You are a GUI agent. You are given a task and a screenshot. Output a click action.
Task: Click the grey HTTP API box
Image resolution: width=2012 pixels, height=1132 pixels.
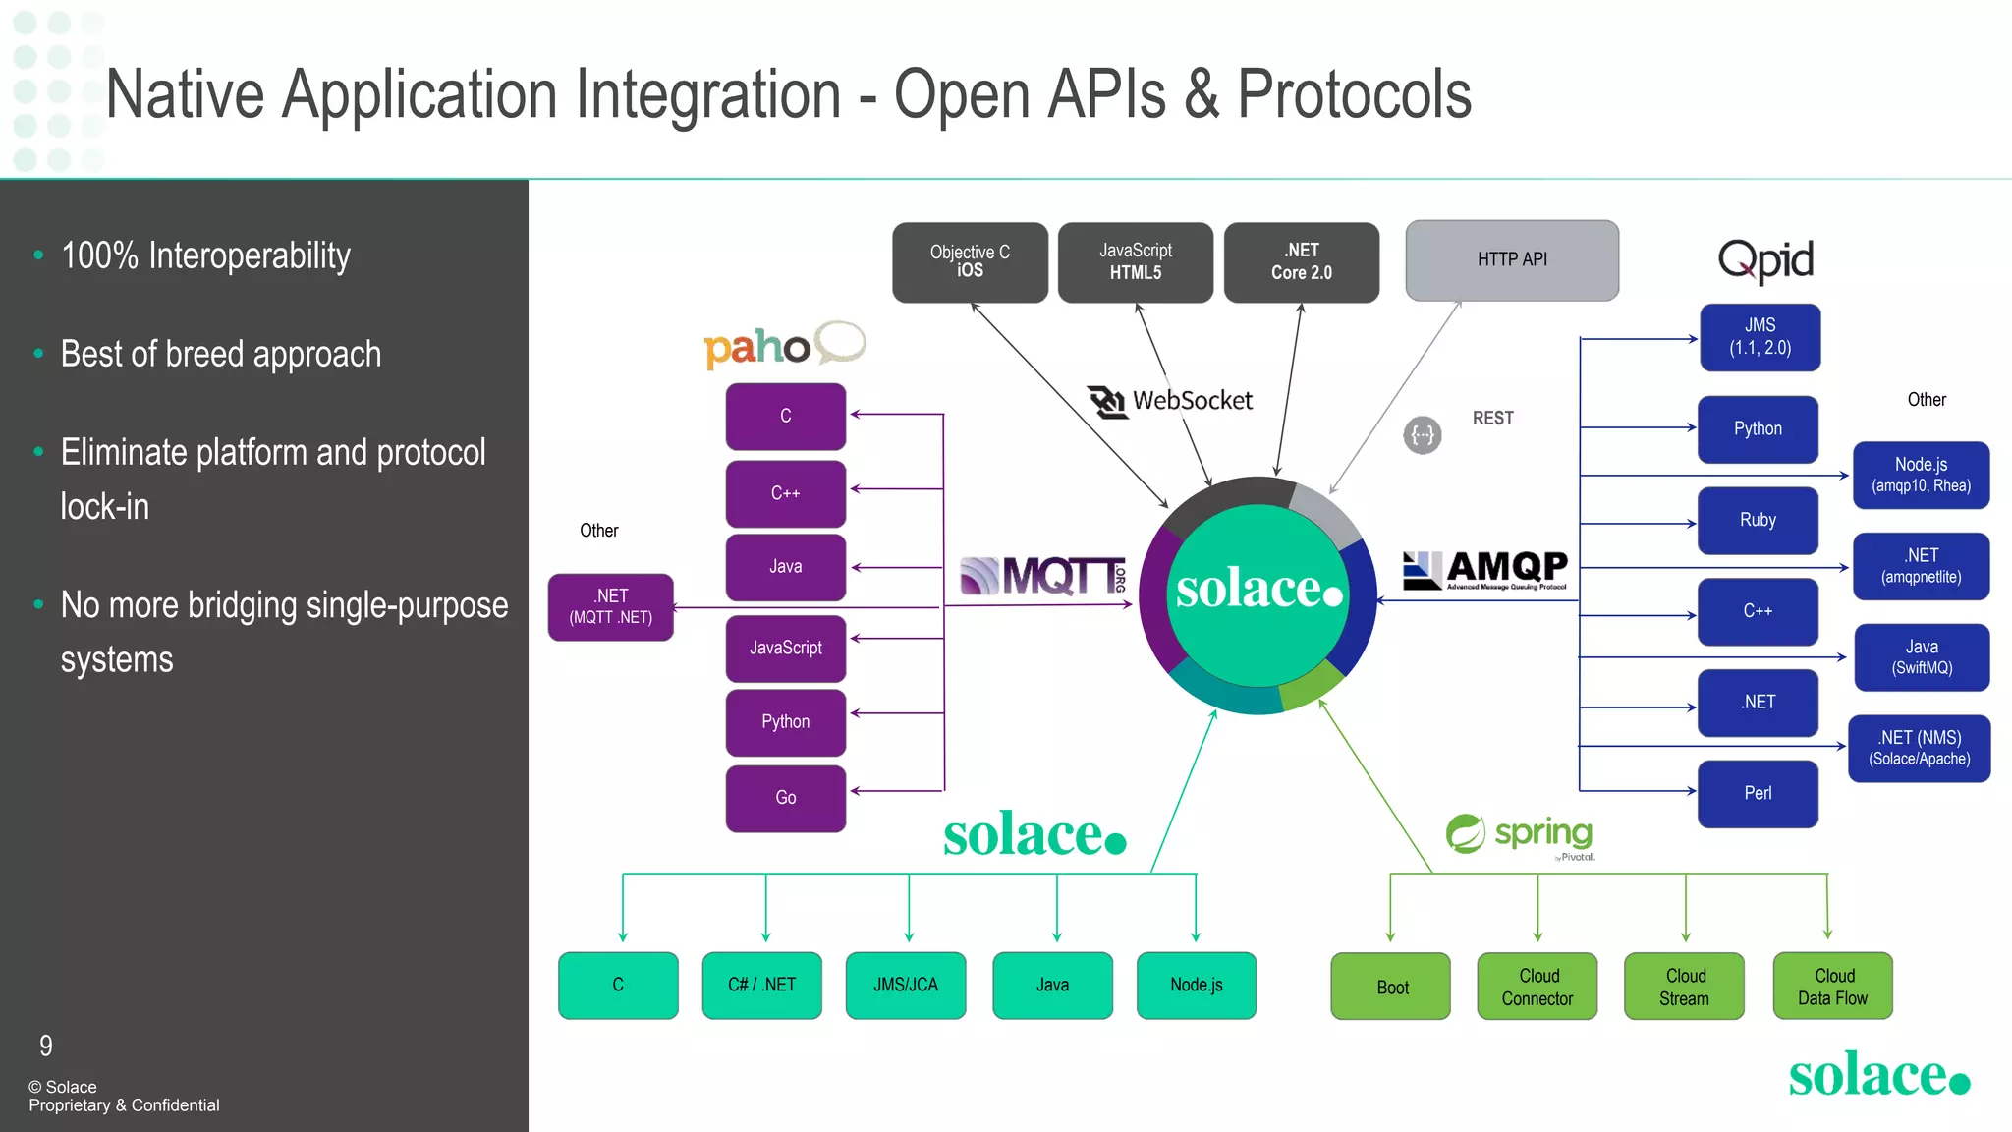[x=1511, y=260]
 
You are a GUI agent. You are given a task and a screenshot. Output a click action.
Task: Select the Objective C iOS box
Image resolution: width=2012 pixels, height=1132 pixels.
[x=970, y=261]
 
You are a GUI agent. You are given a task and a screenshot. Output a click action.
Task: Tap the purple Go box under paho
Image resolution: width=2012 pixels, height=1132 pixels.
[x=785, y=798]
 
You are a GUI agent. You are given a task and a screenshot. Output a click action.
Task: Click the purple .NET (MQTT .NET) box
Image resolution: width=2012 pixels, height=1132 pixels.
[x=610, y=607]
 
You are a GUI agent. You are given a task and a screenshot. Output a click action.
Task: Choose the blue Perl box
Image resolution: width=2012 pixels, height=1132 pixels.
[x=1757, y=793]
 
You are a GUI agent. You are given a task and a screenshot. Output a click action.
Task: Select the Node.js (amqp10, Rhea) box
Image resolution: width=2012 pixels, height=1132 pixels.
[x=1921, y=475]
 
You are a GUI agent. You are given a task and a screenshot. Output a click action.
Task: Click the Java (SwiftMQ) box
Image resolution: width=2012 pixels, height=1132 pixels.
[x=1921, y=656]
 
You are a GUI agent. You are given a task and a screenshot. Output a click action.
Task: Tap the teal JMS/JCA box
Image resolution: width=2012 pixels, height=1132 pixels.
[x=905, y=985]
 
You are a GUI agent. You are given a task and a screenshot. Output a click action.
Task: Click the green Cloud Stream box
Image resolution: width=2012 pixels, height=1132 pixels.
[x=1684, y=987]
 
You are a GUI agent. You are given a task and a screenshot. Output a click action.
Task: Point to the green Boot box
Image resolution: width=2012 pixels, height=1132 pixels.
[x=1390, y=987]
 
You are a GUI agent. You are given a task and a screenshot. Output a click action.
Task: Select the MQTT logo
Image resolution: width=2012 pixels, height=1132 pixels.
[x=1042, y=576]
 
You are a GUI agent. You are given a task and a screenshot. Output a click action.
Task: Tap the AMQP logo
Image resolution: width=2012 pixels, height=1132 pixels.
[x=1484, y=569]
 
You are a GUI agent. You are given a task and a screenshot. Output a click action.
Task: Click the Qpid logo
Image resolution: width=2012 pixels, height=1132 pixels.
[x=1765, y=260]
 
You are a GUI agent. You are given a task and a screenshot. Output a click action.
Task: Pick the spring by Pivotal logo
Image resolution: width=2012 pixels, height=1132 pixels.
[x=1520, y=835]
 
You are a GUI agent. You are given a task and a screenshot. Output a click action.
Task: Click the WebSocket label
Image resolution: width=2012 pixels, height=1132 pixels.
[x=1171, y=401]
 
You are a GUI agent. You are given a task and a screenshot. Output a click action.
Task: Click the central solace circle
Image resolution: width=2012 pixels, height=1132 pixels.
[x=1258, y=593]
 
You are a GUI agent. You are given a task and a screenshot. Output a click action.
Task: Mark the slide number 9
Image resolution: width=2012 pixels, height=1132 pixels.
[x=46, y=1046]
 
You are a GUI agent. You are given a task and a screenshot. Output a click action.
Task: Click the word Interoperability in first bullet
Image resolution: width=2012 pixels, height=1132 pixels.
[x=249, y=256]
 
